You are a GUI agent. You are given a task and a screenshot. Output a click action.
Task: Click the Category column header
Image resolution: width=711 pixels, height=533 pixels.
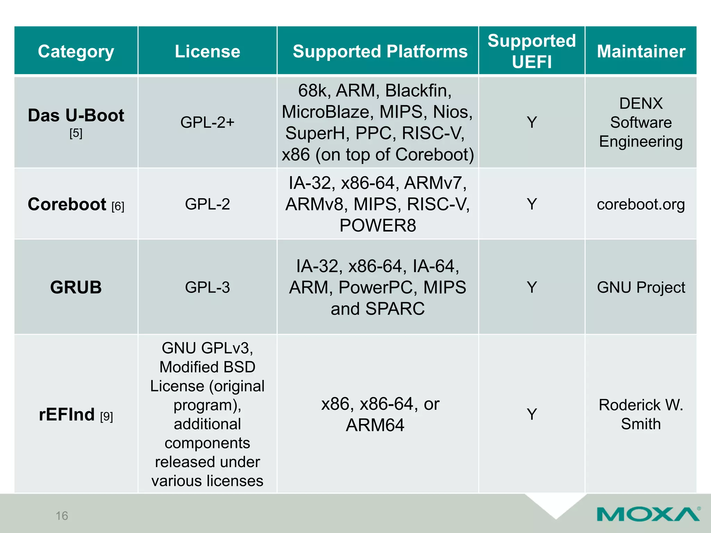pos(76,51)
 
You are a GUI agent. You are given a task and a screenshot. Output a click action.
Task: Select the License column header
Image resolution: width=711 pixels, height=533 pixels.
pos(207,51)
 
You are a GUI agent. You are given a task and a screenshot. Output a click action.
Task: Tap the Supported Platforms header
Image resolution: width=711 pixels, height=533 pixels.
pos(380,51)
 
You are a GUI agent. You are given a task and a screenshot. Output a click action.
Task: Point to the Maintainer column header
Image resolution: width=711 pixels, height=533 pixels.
pos(641,51)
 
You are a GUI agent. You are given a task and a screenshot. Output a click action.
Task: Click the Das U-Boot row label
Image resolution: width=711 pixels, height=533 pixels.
pos(76,115)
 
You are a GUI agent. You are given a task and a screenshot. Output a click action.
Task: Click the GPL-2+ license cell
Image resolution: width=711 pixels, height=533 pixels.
pos(207,122)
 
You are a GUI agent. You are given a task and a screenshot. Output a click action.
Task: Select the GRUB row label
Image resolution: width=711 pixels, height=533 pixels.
pos(76,287)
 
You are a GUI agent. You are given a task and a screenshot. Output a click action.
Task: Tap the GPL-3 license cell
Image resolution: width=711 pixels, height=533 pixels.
pos(207,287)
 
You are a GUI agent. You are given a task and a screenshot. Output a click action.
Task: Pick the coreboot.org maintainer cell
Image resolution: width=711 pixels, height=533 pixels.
pos(641,204)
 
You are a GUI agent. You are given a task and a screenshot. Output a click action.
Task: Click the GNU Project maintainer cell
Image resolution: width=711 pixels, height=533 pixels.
pos(641,287)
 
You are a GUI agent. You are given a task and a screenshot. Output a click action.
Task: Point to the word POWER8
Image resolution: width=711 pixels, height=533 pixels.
pos(377,226)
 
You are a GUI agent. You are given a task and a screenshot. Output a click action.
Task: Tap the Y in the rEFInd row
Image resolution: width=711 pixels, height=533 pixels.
pos(532,414)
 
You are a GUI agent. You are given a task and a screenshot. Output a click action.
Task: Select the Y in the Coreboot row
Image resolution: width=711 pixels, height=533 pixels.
pos(532,204)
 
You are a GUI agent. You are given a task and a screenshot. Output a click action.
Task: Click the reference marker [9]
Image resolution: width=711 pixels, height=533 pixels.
pos(106,416)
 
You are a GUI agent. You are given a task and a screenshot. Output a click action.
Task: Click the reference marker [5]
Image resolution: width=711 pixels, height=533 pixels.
pos(76,133)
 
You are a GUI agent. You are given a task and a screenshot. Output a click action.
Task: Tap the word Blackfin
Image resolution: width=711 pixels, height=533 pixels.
pos(418,91)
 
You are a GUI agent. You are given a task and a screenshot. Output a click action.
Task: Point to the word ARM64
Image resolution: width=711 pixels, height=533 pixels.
pos(375,425)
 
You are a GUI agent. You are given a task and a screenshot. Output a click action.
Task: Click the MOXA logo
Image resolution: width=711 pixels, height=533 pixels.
pos(648,514)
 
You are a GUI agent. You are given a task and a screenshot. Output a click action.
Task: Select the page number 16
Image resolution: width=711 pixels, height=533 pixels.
pos(62,516)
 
